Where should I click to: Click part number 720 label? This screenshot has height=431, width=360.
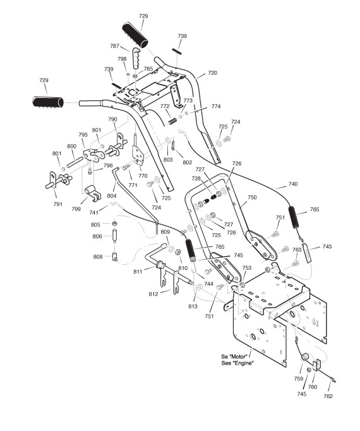click(x=212, y=73)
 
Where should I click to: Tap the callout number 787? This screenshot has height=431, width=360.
click(x=114, y=46)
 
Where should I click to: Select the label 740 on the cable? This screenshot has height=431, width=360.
click(x=293, y=184)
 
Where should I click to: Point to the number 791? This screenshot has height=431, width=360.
click(x=57, y=204)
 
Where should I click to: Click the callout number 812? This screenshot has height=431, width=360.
click(x=153, y=294)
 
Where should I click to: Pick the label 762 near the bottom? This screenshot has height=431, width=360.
click(x=328, y=396)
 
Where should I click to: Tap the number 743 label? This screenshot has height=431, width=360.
click(x=327, y=246)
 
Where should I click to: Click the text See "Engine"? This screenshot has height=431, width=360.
click(x=237, y=363)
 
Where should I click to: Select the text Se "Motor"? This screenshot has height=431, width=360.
click(x=234, y=356)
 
